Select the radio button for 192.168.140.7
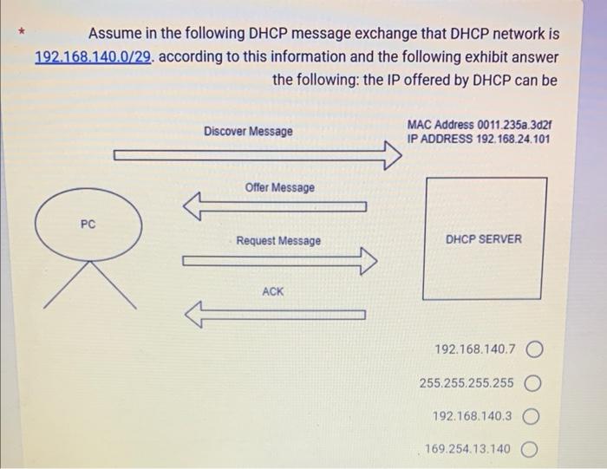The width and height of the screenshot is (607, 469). click(x=534, y=349)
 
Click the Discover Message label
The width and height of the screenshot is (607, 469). click(x=248, y=132)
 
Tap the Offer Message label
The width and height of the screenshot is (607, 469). click(x=279, y=188)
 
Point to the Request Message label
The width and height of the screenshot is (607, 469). click(x=278, y=240)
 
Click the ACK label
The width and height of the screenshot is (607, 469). click(x=272, y=292)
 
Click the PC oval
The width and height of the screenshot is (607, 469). click(x=87, y=225)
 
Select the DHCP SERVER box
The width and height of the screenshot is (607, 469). click(x=484, y=238)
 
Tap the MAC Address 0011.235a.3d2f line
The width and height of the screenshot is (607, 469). click(x=478, y=125)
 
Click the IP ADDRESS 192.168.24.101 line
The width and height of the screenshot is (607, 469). click(x=478, y=139)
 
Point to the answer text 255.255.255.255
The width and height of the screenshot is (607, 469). click(x=467, y=382)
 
